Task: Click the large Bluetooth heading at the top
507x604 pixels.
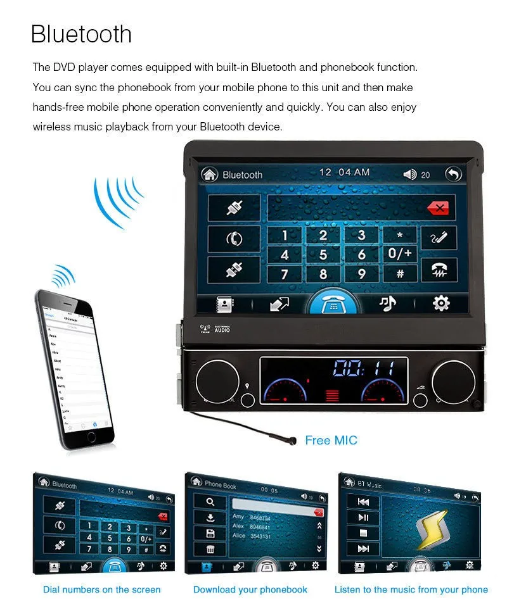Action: (81, 34)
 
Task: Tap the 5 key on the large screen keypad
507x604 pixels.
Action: (323, 255)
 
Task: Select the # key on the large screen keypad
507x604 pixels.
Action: (400, 274)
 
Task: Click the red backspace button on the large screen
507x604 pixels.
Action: (437, 207)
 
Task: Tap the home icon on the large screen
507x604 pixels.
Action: (209, 174)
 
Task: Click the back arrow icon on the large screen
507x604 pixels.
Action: (452, 174)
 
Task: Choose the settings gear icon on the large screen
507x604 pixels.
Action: (440, 304)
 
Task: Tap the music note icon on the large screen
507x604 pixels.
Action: (387, 304)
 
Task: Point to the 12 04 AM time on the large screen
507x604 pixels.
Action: (344, 173)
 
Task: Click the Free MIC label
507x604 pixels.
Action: (331, 440)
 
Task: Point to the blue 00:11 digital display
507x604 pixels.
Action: (364, 368)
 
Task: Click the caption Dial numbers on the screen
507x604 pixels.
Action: (102, 589)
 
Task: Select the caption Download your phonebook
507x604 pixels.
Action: (250, 589)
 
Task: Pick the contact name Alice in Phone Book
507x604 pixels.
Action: (239, 536)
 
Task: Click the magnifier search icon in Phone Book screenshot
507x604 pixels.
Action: (210, 501)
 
